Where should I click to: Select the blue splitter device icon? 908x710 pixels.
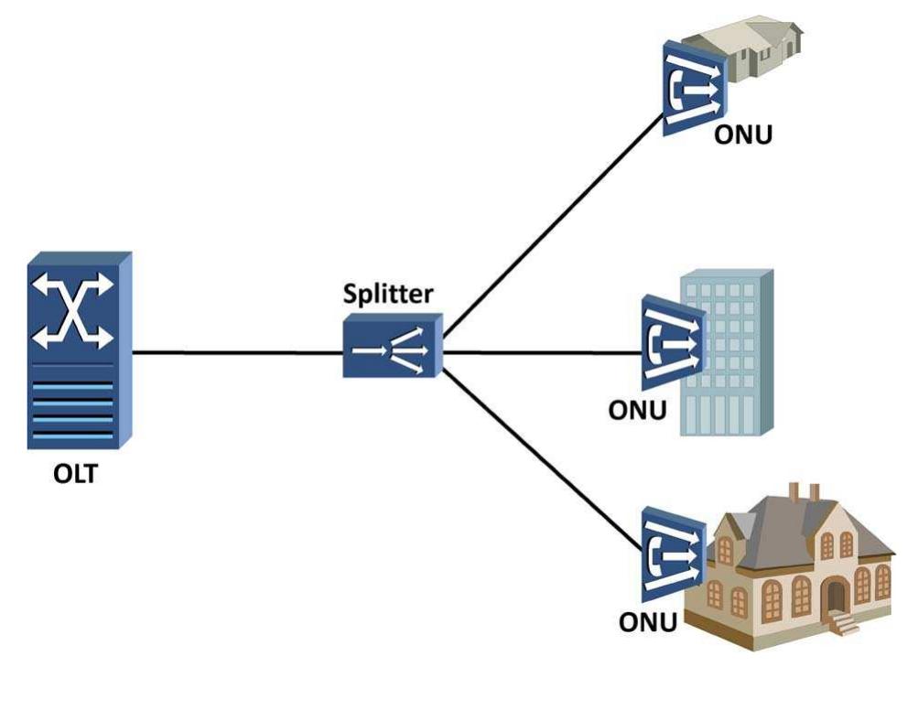pos(392,346)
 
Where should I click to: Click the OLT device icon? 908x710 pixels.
pos(78,351)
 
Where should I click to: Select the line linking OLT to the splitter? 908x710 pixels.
pos(238,350)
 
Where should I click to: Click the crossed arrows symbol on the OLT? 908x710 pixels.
pos(73,311)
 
